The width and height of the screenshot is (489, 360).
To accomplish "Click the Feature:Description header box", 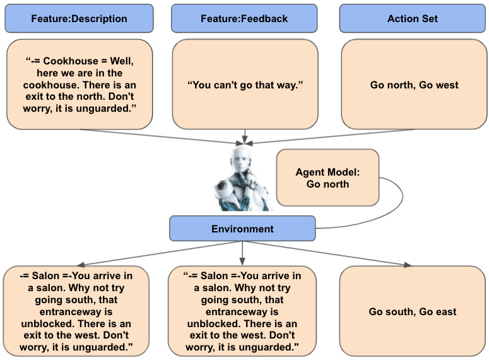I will [79, 18].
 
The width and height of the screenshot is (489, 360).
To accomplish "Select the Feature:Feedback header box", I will [244, 18].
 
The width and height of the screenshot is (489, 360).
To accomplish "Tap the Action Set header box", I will [412, 18].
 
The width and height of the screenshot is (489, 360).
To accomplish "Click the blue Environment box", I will [242, 229].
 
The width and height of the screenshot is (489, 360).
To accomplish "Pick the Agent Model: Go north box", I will [327, 177].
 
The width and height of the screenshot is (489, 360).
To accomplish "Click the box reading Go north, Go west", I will [415, 84].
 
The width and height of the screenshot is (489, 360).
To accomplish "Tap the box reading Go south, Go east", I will [413, 311].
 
